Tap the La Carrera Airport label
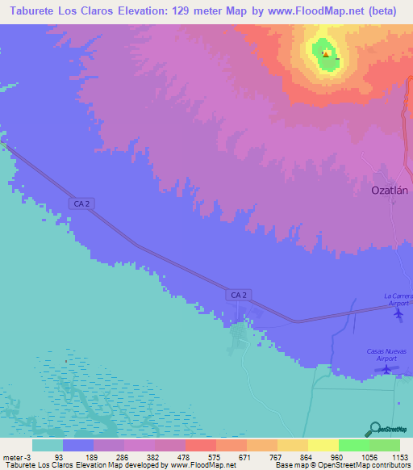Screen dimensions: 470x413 [398, 299]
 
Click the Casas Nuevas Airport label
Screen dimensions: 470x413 [387, 354]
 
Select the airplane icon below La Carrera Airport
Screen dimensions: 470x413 [398, 313]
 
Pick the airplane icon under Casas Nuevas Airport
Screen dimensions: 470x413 [387, 369]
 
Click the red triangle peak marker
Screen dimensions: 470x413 [325, 55]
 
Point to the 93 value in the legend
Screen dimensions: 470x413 [57, 456]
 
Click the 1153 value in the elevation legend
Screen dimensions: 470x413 [399, 456]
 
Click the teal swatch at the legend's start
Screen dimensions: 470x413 [47, 445]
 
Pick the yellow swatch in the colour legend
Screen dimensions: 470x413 [323, 445]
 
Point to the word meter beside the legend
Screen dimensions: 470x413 [11, 456]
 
